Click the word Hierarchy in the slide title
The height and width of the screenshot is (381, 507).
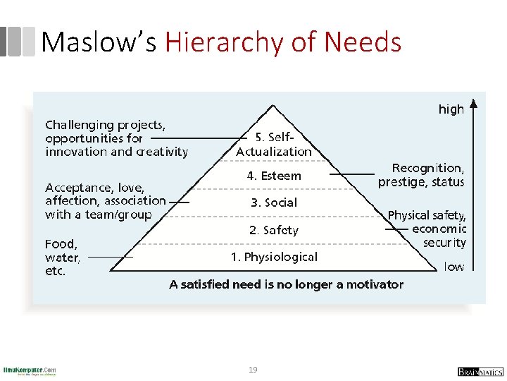click(223, 42)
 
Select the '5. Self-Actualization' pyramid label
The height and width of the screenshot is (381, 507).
click(274, 145)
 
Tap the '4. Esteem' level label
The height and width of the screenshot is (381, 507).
click(274, 176)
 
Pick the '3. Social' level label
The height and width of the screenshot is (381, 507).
click(274, 202)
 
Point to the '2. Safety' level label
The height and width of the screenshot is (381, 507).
click(274, 230)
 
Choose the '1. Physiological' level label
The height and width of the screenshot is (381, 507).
click(274, 257)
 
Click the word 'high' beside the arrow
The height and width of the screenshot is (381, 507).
click(451, 109)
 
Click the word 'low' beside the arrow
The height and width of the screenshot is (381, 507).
click(453, 267)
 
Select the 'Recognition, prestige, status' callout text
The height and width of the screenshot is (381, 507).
click(421, 175)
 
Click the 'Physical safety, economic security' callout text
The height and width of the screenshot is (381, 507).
click(427, 229)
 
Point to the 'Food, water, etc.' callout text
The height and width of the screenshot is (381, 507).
click(63, 258)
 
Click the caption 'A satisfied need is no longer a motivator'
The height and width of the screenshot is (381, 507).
click(287, 284)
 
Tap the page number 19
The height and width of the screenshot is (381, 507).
click(253, 369)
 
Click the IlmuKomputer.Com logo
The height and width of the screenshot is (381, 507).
click(30, 370)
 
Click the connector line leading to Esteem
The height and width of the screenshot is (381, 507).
click(356, 173)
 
